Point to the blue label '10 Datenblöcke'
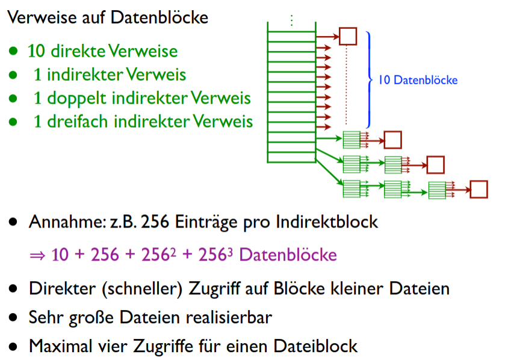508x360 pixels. click(418, 80)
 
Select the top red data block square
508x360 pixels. click(348, 36)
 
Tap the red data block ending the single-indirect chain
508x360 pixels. click(392, 140)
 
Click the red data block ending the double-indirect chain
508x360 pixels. click(435, 164)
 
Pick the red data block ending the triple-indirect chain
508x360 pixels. click(479, 189)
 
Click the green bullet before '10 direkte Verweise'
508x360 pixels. click(13, 52)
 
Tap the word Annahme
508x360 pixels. click(58, 222)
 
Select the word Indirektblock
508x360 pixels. click(327, 222)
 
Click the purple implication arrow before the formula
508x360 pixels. click(37, 255)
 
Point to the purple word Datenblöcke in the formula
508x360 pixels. click(288, 255)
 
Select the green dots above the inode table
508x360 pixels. click(291, 20)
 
